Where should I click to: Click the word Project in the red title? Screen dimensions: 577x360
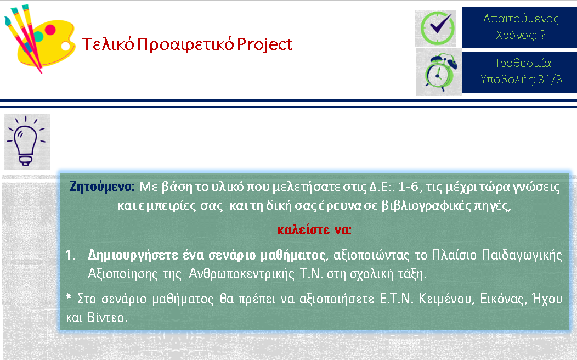[264, 44]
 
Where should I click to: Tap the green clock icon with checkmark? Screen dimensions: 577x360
[437, 29]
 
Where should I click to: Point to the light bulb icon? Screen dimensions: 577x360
[26, 142]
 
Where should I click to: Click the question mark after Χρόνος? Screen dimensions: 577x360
[542, 35]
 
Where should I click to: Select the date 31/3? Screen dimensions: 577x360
[550, 79]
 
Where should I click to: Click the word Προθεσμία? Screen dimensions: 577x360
[521, 63]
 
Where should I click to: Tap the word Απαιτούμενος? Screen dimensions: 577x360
[521, 19]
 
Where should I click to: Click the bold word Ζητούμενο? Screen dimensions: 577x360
[100, 187]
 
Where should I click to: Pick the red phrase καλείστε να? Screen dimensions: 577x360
[314, 230]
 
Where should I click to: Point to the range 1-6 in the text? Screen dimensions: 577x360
[409, 187]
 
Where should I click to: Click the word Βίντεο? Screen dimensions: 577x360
[107, 317]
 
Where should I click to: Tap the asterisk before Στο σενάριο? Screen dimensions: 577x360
[69, 296]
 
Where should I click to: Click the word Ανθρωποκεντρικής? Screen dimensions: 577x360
[241, 274]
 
